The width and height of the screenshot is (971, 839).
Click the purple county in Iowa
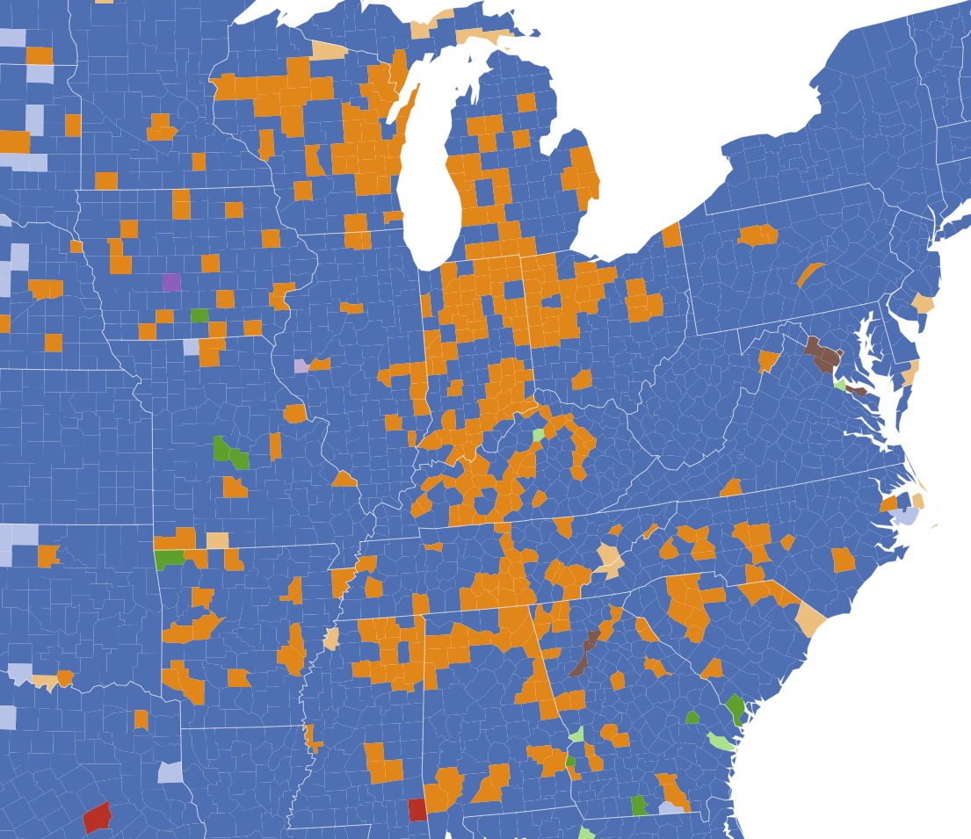click(171, 282)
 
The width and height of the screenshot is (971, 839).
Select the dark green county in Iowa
click(199, 315)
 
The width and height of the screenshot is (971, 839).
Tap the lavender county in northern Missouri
click(191, 347)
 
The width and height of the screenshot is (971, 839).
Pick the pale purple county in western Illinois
click(301, 365)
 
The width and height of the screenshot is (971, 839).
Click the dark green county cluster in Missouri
click(230, 454)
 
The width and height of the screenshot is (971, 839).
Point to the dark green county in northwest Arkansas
click(168, 558)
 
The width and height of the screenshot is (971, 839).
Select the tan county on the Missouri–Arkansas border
click(217, 540)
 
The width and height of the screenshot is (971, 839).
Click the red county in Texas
click(97, 817)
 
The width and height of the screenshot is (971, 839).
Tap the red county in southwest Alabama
click(417, 809)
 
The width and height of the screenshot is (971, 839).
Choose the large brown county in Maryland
click(823, 353)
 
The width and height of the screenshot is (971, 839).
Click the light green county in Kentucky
click(538, 435)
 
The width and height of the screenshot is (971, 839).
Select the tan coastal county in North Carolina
click(811, 625)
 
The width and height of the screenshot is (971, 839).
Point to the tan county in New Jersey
click(923, 304)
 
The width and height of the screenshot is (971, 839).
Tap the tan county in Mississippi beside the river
click(331, 639)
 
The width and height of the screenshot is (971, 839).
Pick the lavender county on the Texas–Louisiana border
click(170, 773)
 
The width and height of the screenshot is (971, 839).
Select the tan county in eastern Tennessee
click(608, 558)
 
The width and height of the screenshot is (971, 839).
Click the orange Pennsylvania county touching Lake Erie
click(671, 235)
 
